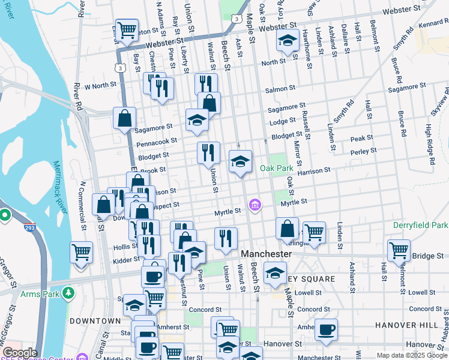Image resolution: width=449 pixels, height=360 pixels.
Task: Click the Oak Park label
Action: [x=276, y=169]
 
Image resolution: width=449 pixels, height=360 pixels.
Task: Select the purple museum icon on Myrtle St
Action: [x=256, y=206]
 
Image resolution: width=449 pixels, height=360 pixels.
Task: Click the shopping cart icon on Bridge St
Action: [x=399, y=250]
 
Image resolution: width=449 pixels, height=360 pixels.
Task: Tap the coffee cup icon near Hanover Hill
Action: [x=326, y=329]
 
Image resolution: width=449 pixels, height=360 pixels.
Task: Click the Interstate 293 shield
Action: [x=29, y=228]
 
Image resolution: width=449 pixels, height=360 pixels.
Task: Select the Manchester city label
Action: [x=266, y=254]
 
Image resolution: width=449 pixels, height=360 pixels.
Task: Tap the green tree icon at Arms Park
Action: [x=69, y=293]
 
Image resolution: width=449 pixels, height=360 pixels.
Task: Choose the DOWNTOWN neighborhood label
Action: [x=95, y=321]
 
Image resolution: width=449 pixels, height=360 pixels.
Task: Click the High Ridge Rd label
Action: [x=429, y=145]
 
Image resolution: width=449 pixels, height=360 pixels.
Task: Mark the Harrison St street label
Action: [x=313, y=170]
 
